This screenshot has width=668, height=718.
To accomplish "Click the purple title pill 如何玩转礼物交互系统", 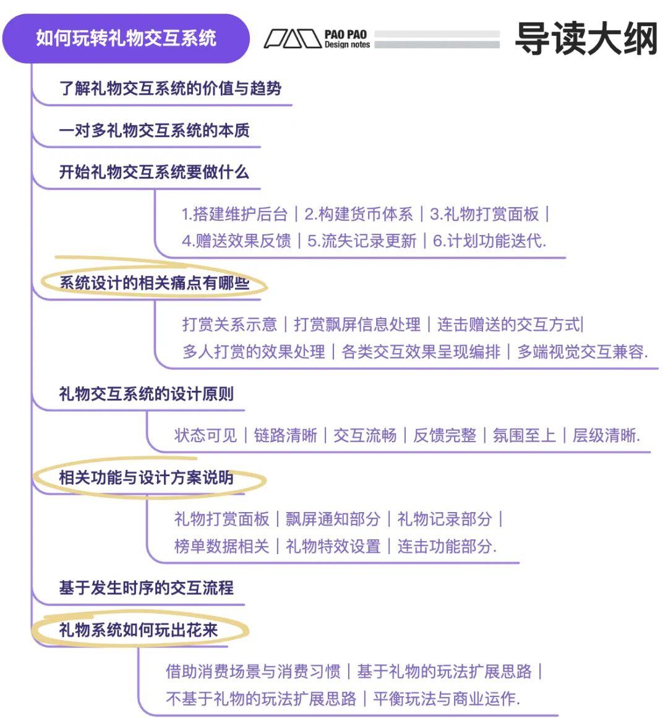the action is click(x=126, y=38).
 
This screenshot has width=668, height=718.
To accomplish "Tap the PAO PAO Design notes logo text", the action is click(x=346, y=39).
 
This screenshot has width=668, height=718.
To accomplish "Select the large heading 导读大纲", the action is click(x=585, y=38).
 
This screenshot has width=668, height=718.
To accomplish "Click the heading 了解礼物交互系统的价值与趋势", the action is click(x=170, y=88).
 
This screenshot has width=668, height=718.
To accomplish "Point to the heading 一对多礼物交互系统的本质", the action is click(x=154, y=130).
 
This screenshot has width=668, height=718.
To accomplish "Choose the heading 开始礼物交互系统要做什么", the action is click(x=153, y=172).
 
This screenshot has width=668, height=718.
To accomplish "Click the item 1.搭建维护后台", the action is click(x=234, y=214).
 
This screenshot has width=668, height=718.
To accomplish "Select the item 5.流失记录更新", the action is click(x=362, y=241).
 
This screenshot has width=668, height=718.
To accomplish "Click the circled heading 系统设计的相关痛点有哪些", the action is click(x=154, y=283).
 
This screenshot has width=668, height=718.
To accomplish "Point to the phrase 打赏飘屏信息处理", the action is click(x=357, y=324).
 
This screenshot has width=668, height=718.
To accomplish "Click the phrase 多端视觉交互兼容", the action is click(x=582, y=352).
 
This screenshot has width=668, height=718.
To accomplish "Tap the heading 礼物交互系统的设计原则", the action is click(x=146, y=394).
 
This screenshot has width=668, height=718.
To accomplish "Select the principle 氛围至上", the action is click(x=524, y=435).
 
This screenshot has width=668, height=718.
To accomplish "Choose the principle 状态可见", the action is click(x=205, y=435).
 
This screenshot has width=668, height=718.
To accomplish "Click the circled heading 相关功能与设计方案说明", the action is click(x=146, y=477).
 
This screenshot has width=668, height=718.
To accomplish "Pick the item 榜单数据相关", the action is click(x=221, y=546).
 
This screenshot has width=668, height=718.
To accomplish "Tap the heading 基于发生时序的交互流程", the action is click(x=146, y=588).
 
